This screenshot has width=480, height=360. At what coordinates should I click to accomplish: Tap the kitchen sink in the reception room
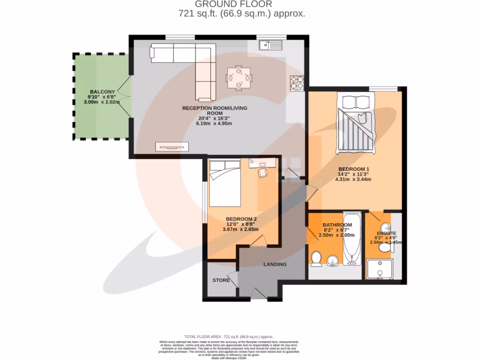point(270,45)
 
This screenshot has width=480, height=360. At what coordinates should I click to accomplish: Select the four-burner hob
point(297,82)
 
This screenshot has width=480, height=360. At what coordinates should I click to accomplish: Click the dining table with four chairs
point(239,78)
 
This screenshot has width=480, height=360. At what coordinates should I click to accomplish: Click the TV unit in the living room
point(172,147)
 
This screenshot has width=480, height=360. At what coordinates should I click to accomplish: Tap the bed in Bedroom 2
point(225,183)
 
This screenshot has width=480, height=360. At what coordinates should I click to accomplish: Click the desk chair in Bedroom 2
point(263,173)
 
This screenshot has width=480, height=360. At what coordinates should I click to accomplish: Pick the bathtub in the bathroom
point(351,239)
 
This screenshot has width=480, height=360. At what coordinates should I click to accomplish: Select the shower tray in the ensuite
point(381,270)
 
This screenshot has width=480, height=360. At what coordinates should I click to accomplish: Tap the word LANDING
point(275,264)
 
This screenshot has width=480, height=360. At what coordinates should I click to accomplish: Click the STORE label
point(221,280)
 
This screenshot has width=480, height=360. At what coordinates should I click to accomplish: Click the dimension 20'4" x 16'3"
point(215,118)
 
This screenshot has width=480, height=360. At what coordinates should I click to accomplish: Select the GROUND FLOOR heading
point(242,4)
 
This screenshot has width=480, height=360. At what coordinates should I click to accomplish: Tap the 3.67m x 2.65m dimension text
point(241,229)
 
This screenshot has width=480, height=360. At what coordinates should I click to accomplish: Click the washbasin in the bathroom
point(333,260)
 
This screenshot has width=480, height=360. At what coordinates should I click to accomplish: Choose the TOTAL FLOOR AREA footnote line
point(229,337)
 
